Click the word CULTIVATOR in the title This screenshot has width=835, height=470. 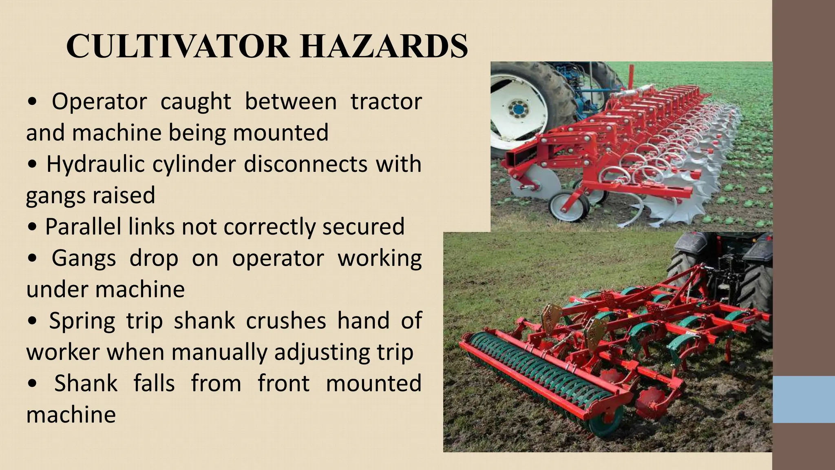[x=178, y=46]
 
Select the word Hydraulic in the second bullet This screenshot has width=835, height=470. [x=95, y=164]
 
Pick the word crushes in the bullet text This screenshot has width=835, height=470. [x=286, y=321]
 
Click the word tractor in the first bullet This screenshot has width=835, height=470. [x=386, y=102]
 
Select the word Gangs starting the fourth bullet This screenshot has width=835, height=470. [x=84, y=258]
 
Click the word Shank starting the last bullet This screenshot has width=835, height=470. [x=86, y=384]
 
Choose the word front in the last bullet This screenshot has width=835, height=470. [x=283, y=384]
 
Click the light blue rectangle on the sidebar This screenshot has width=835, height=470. [x=804, y=399]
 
